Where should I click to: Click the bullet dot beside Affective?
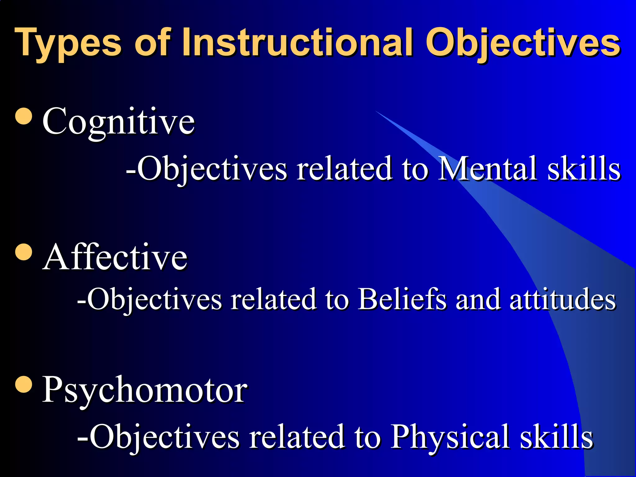coord(24,252)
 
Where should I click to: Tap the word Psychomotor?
coord(144,390)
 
